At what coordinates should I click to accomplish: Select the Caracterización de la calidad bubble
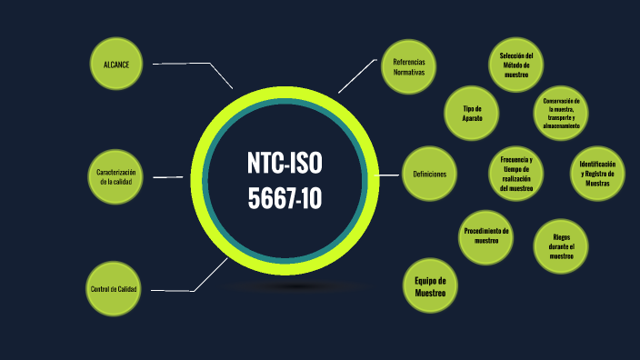(x=115, y=176)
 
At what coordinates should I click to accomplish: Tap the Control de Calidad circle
(x=114, y=289)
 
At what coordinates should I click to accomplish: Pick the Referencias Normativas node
(x=408, y=66)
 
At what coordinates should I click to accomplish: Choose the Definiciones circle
(x=429, y=174)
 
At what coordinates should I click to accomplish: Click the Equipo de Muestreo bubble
(x=430, y=287)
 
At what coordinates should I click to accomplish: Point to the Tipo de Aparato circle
(x=471, y=113)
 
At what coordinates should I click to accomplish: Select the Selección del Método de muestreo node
(x=515, y=65)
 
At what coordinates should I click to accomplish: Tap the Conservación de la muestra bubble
(x=561, y=113)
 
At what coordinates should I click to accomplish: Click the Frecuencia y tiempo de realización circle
(x=515, y=175)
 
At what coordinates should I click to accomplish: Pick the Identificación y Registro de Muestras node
(x=596, y=174)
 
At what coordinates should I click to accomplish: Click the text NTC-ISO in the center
(x=285, y=164)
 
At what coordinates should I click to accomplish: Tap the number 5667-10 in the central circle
(x=285, y=196)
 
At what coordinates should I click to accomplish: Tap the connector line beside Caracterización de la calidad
(x=169, y=176)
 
